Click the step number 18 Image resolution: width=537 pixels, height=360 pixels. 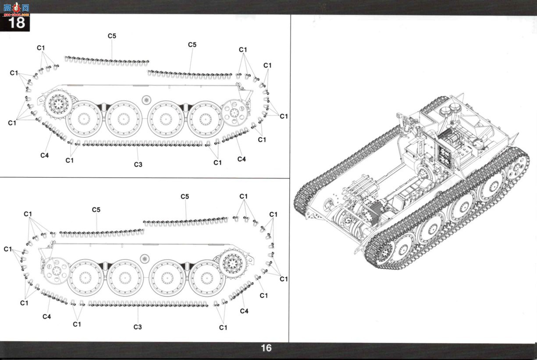tap(17, 22)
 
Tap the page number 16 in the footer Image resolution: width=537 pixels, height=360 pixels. tap(266, 348)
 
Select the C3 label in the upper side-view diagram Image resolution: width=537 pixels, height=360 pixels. tap(138, 164)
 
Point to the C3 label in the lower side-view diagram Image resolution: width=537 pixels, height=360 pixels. tap(138, 327)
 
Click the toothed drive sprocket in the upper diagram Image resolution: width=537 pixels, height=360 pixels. tap(58, 104)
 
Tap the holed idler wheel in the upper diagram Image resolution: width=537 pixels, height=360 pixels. tap(234, 113)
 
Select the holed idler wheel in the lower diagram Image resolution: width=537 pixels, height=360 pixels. tap(57, 271)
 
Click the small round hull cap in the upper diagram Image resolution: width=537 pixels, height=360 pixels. tap(146, 100)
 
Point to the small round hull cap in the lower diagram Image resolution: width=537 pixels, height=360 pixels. tap(145, 259)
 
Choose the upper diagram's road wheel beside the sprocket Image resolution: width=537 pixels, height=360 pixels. tap(84, 119)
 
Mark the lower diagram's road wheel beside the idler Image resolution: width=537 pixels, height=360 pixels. tap(85, 278)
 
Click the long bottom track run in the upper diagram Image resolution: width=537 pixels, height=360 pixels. tap(143, 144)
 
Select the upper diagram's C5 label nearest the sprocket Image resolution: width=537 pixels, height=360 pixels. tap(112, 36)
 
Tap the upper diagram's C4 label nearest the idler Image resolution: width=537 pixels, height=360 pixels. tap(242, 159)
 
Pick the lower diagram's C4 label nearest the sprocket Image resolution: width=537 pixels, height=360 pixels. tap(244, 311)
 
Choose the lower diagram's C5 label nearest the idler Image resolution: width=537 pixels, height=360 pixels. tap(96, 210)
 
